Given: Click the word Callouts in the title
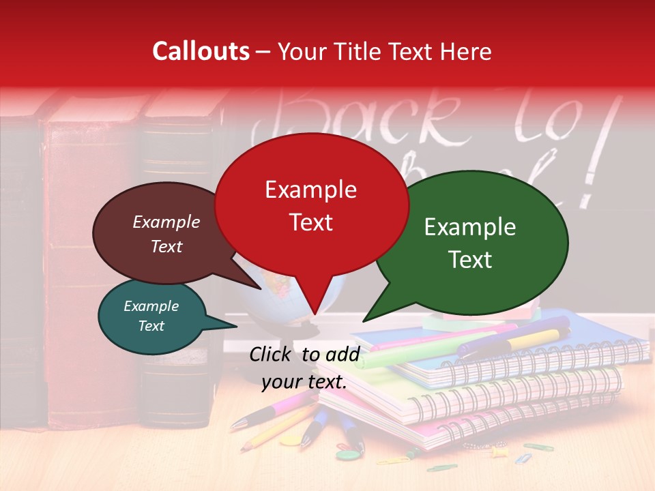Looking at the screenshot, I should point(201,51).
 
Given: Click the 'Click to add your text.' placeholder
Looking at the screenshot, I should point(304,368).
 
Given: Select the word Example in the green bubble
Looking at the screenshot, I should point(470,227).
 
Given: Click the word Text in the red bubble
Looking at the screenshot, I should point(311,222).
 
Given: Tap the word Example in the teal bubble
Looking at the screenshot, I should point(151,306).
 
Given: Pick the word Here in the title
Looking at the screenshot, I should point(467,51).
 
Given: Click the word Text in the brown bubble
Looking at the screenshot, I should point(166,246).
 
